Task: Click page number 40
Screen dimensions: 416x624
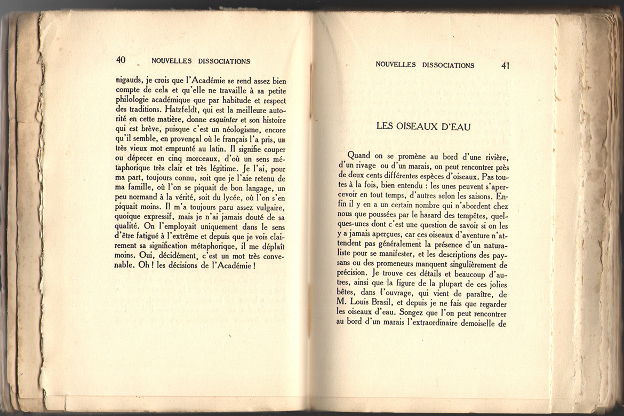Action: coord(121,60)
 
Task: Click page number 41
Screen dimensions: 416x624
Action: coord(506,65)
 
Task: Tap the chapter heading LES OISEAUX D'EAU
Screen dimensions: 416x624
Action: coord(423,126)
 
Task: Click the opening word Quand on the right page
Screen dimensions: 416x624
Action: coord(358,155)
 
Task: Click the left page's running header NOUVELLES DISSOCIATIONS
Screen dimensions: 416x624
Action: coord(201,61)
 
